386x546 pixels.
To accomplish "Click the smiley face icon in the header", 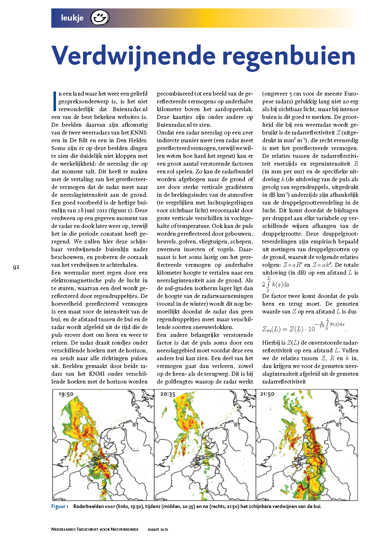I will [100, 17].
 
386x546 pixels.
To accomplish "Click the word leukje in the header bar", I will [72, 18].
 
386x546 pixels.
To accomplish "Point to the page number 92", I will [16, 267].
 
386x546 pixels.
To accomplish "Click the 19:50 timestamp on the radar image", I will [66, 394].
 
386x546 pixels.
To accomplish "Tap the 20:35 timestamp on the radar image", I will [168, 394].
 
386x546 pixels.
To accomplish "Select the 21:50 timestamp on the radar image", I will [267, 394].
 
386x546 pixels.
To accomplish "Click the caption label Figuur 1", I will [60, 506].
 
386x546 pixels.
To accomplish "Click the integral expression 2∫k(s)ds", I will [276, 284].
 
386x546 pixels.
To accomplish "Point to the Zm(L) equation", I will [304, 327].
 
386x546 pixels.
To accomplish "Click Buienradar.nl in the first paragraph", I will [130, 109].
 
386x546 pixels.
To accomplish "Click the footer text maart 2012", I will [158, 529].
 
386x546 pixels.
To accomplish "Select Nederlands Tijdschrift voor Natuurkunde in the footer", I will [95, 529].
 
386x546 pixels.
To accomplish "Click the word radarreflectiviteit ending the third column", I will [284, 382].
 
